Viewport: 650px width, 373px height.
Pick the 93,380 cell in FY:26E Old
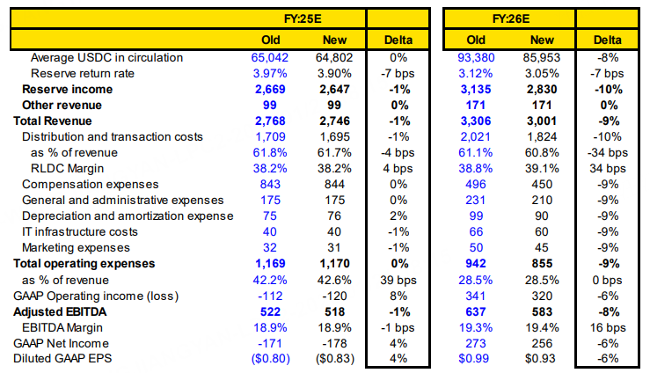(476, 57)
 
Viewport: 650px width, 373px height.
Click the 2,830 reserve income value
(543, 89)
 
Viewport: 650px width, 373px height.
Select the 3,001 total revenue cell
(543, 121)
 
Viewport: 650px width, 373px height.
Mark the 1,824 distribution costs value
(543, 136)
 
